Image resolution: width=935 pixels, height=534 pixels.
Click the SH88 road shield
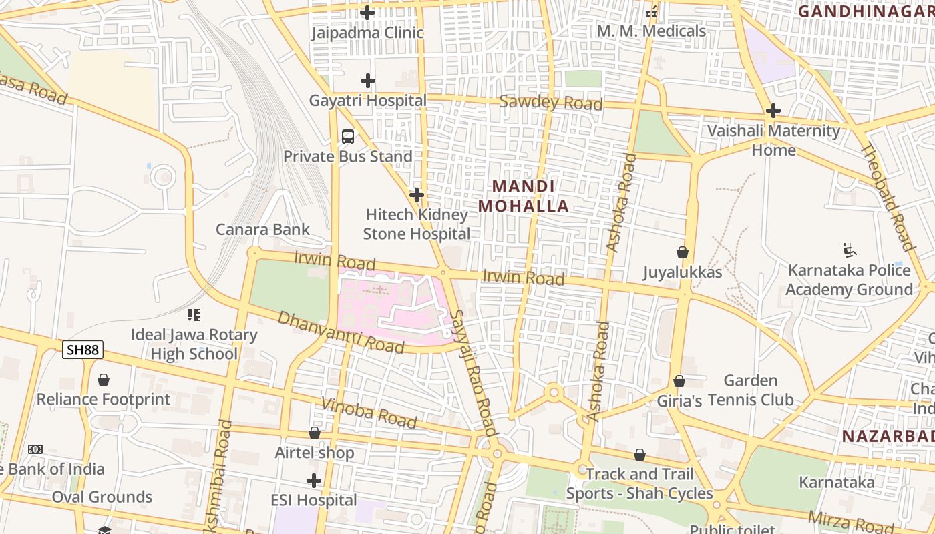pos(83,350)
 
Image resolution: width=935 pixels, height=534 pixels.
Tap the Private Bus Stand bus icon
pos(348,137)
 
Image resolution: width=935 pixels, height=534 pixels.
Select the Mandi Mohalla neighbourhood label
pos(524,196)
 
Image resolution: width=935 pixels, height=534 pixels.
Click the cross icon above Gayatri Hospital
pos(367,81)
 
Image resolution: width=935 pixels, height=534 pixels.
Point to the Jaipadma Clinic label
pos(367,32)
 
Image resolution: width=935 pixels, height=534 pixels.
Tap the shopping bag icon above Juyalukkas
pos(683,252)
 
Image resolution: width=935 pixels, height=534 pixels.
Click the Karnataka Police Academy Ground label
pos(849,280)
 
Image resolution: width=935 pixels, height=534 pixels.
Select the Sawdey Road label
pos(551,103)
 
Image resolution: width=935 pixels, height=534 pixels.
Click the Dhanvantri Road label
pos(341,332)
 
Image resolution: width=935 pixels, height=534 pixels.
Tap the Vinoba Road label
pos(369,413)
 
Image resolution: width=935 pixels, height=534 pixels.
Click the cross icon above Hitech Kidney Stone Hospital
pos(417,195)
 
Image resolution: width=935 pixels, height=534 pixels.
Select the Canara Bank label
pos(262,230)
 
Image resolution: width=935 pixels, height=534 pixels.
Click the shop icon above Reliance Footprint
pos(104,380)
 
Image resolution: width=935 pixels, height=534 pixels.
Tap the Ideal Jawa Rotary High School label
pos(194,344)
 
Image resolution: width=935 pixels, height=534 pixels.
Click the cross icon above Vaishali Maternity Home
pos(773,110)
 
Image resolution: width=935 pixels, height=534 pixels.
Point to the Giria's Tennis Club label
pos(725,400)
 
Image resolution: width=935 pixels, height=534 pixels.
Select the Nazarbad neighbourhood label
pos(888,437)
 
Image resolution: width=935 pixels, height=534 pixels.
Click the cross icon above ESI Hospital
pos(314,481)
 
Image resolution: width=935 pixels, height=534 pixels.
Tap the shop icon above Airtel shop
pos(315,433)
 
